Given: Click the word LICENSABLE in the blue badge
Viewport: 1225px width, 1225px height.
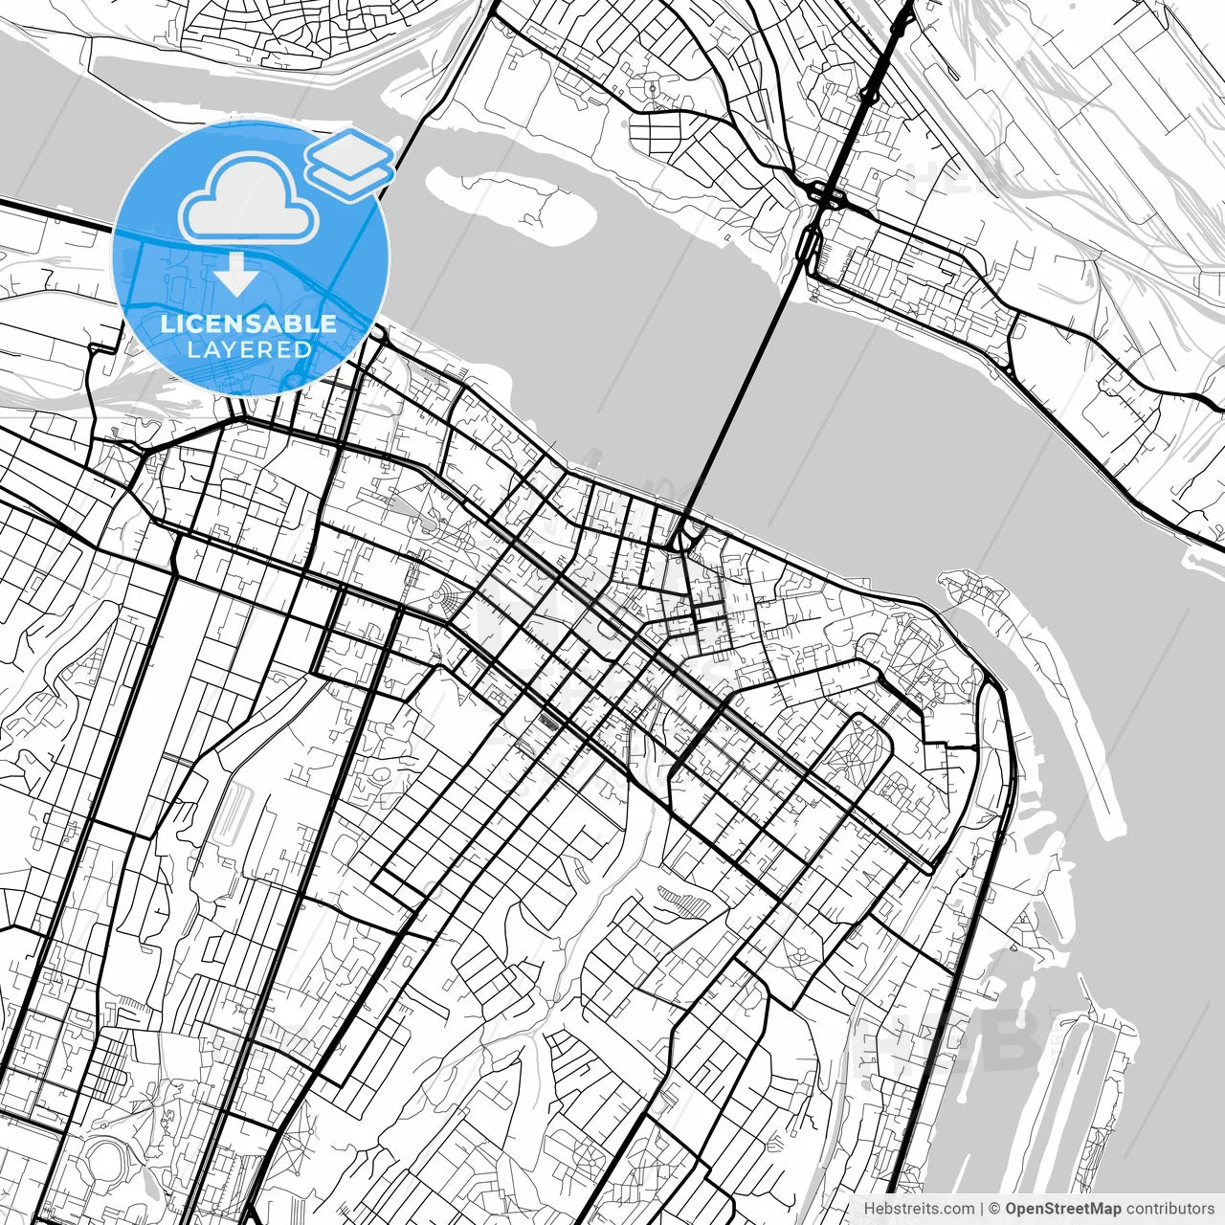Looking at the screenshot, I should pos(249,323).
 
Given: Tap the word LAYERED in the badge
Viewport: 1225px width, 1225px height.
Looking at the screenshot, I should pos(249,349).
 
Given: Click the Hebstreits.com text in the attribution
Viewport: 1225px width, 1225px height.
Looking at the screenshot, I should pos(919,1209).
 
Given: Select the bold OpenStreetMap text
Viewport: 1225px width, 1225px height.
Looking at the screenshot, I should pos(1063,1209).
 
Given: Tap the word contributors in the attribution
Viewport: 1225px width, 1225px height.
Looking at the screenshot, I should pos(1169,1209).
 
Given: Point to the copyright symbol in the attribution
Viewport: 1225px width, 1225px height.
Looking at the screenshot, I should pos(994,1209).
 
